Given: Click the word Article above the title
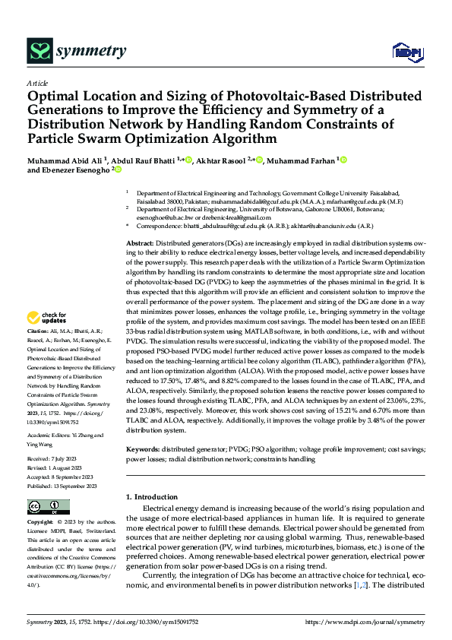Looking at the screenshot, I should coord(37,83).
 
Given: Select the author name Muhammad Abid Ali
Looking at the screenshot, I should coord(65,160).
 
